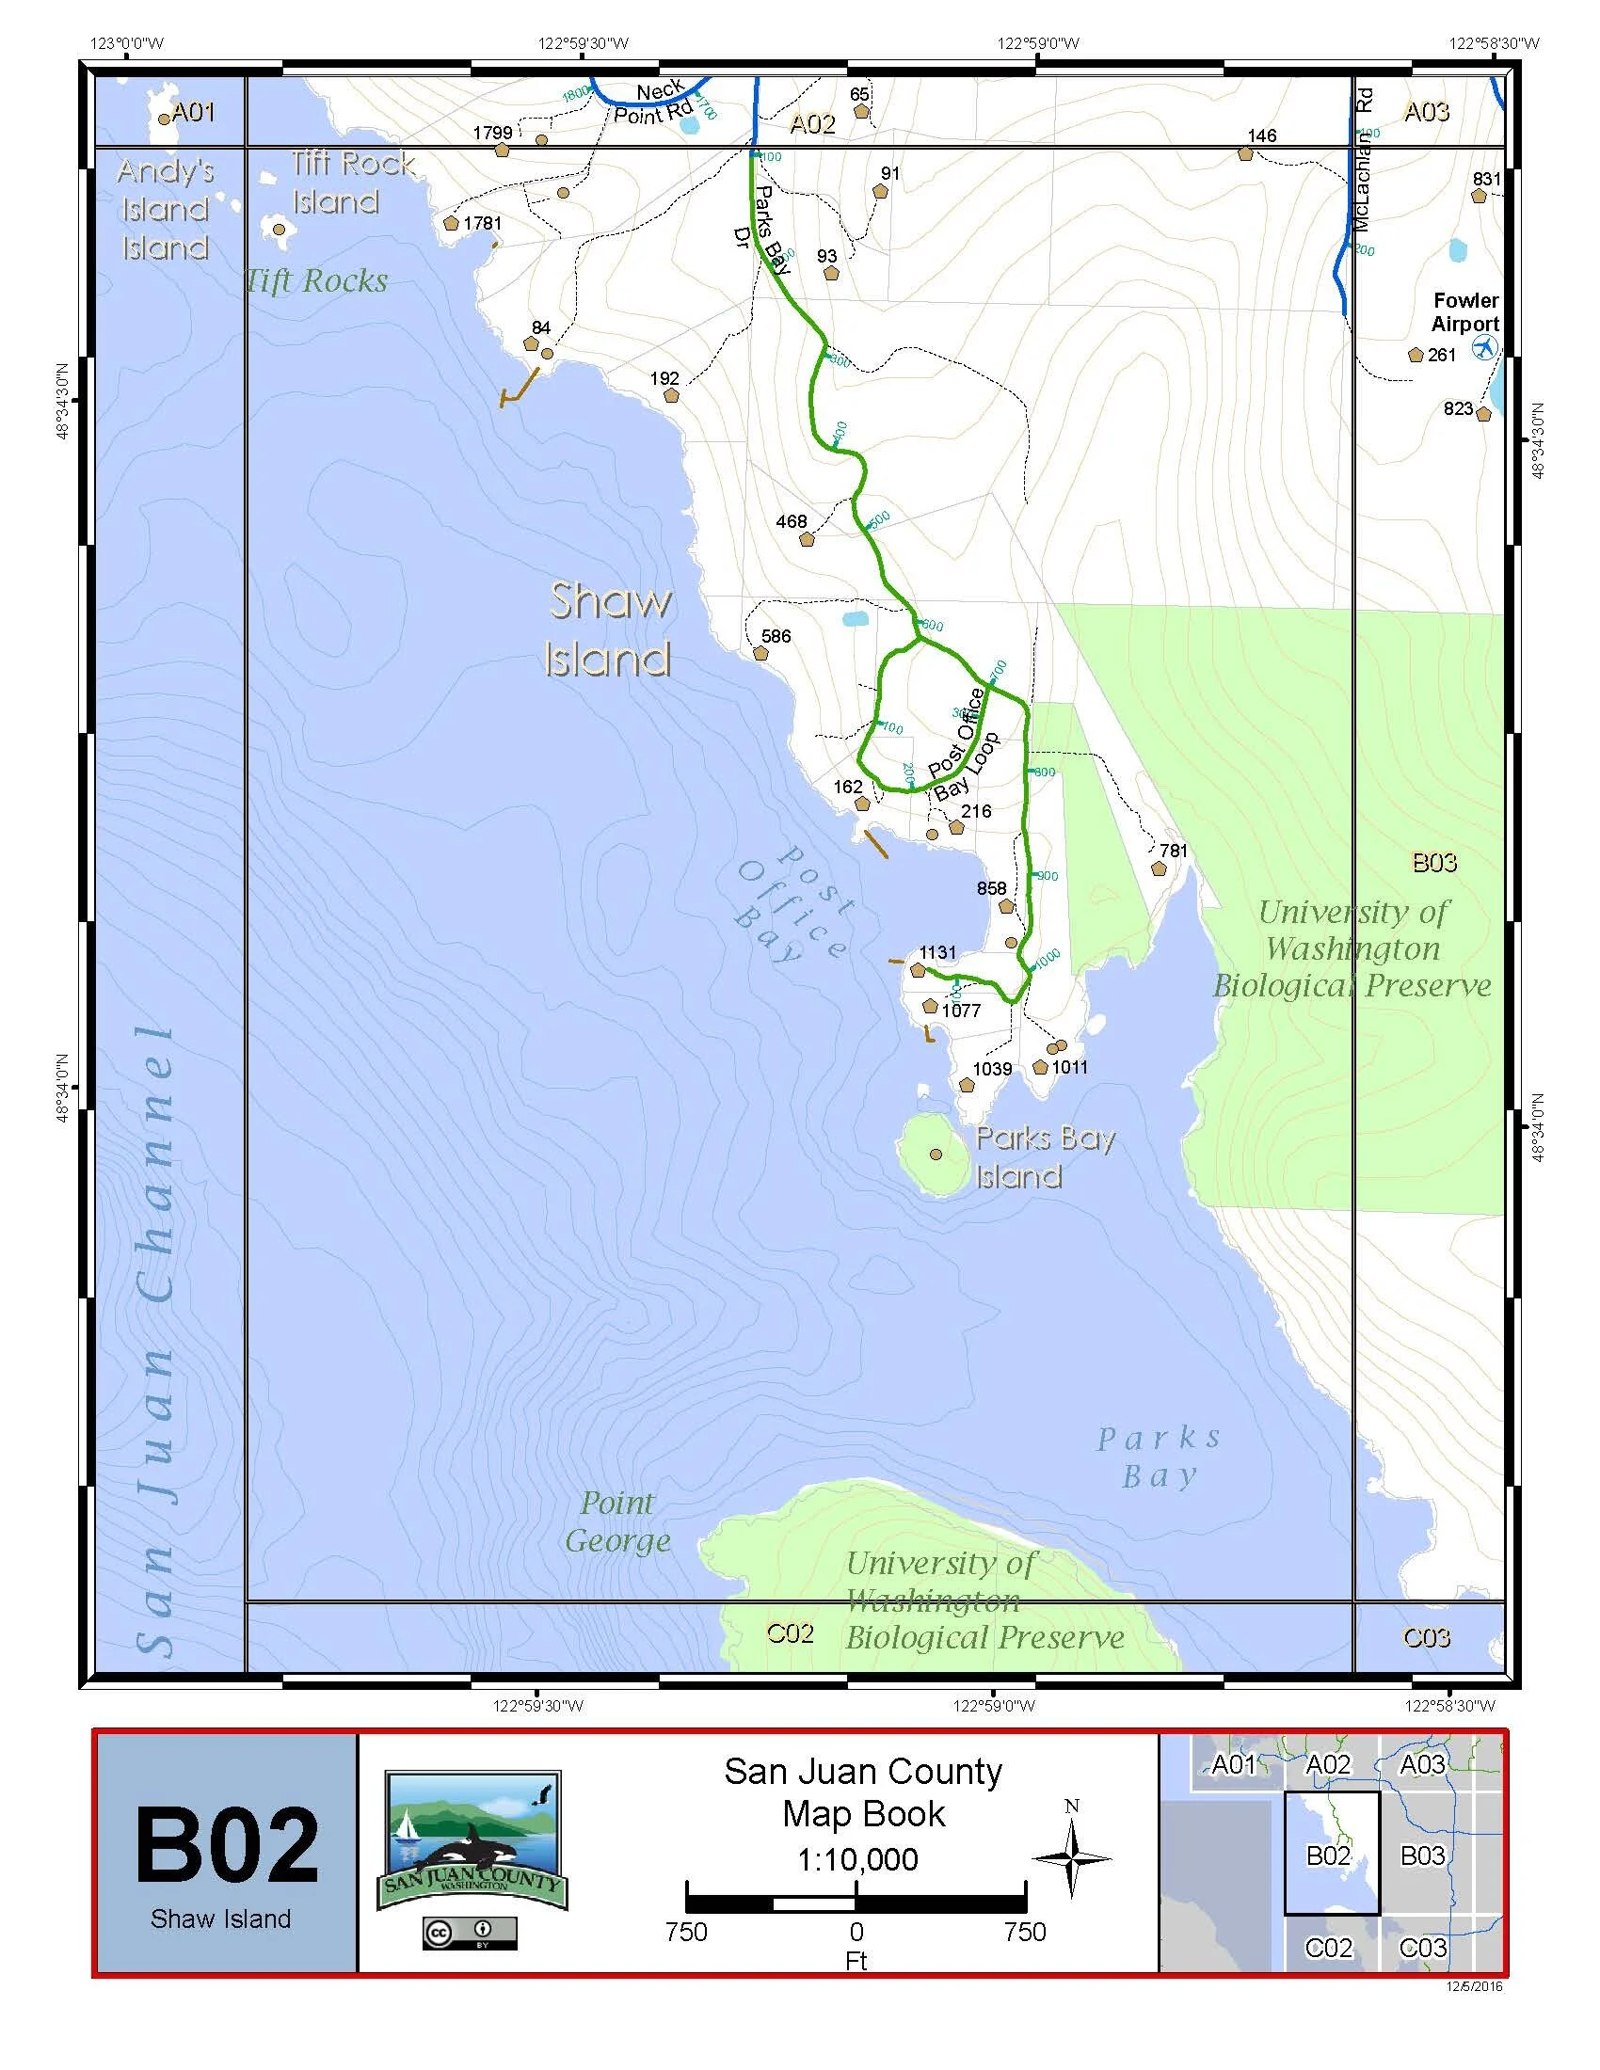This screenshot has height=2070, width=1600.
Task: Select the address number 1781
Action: [483, 223]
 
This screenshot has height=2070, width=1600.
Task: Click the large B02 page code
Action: [227, 1845]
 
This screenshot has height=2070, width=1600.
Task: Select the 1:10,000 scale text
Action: [856, 1859]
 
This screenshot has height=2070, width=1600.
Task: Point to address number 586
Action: [776, 636]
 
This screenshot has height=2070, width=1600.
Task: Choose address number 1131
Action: [937, 952]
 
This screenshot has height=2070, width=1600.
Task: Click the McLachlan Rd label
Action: [1364, 161]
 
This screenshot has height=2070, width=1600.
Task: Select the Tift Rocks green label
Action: [316, 280]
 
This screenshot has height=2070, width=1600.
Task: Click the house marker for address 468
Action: [807, 540]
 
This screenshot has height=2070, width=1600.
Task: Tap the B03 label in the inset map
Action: [1422, 1855]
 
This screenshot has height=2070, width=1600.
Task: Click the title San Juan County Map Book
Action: [862, 1792]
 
